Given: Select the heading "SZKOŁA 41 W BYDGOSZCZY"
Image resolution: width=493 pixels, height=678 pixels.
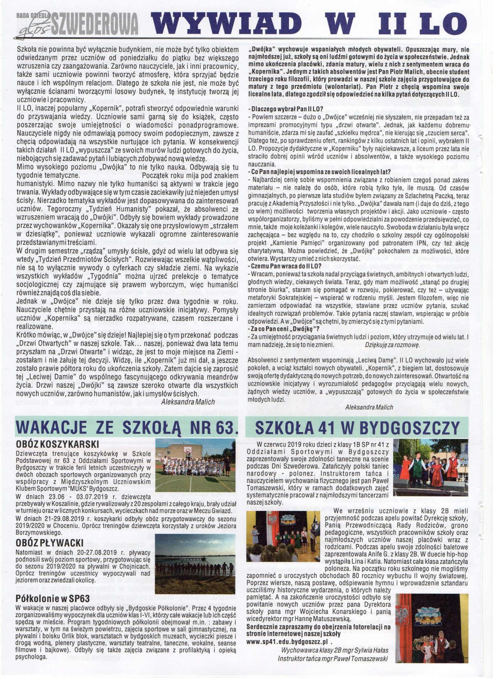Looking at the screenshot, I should tap(357, 427).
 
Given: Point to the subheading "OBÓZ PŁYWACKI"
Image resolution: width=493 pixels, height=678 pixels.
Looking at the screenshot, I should tap(50, 543).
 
